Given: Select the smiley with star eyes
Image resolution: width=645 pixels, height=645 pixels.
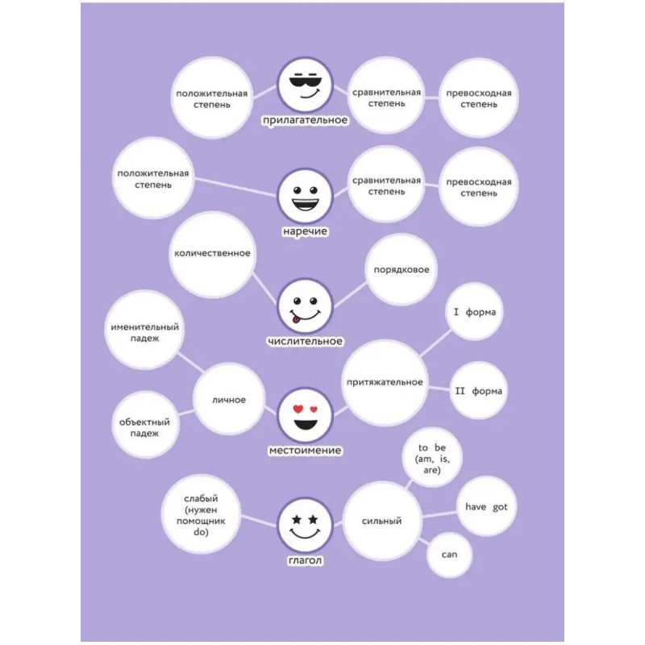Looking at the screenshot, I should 305,525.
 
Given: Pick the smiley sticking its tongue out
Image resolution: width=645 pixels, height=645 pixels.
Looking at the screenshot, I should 305,307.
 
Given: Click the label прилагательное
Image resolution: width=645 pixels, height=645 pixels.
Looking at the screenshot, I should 305,120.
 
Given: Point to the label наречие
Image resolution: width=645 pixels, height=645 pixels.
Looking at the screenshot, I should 305,231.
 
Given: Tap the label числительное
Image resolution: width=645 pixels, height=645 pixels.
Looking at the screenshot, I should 305,341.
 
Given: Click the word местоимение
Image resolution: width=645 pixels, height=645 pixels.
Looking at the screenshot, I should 305,450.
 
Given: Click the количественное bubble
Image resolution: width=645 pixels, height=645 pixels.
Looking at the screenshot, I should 213,254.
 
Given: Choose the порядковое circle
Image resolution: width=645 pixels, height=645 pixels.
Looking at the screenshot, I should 401,270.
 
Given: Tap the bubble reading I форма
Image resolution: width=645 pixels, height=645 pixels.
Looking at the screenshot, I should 475,312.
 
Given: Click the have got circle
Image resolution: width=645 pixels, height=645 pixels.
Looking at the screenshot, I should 487,507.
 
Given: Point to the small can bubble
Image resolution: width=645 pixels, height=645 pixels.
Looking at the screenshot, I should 449,555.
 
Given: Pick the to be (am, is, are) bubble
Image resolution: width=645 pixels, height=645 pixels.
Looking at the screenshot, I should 431,458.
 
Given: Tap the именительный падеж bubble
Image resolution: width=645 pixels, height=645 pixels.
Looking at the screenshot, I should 146,332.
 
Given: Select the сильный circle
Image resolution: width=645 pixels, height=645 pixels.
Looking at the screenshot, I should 382,521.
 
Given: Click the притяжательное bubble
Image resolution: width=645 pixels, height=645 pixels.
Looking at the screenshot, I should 385,382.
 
